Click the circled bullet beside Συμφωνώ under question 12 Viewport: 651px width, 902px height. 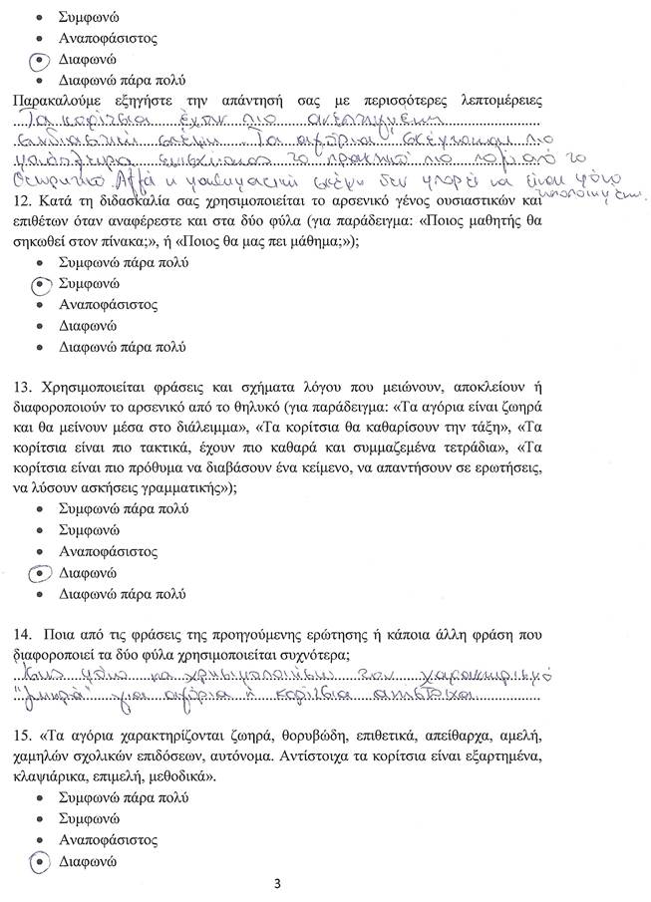click(x=40, y=284)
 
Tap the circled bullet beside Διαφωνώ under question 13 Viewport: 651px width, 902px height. click(x=40, y=573)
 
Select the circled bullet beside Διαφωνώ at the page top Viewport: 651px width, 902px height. click(x=40, y=60)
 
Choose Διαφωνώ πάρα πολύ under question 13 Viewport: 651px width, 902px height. click(x=122, y=594)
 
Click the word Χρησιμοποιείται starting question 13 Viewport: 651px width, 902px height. click(x=103, y=386)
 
